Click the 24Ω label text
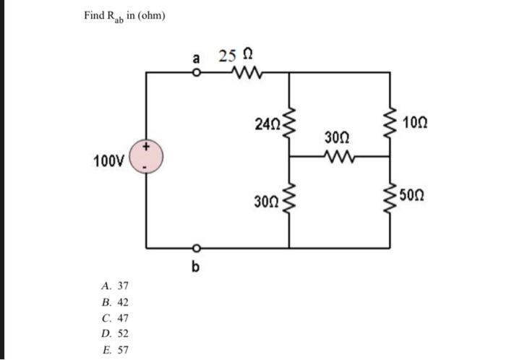coord(267,124)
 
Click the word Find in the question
coord(94,15)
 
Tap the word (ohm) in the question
coord(150,15)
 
